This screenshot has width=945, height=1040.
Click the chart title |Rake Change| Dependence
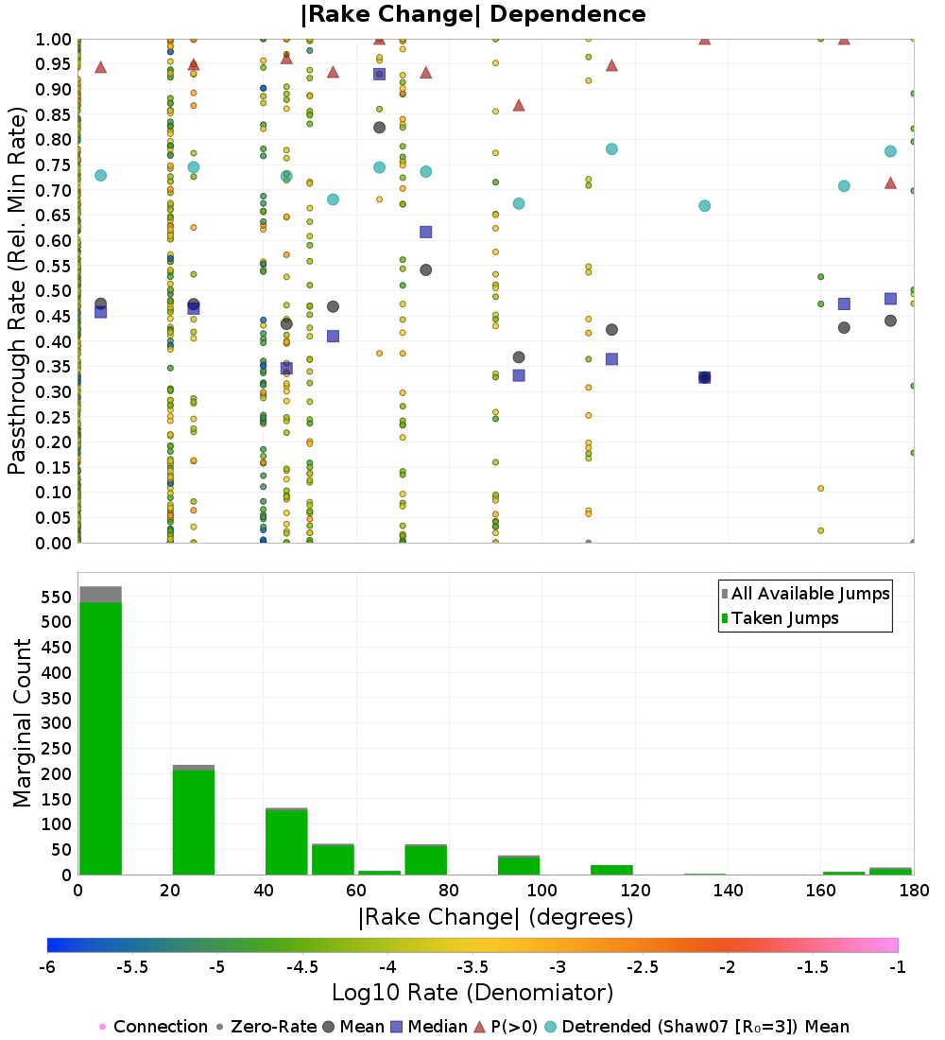(472, 14)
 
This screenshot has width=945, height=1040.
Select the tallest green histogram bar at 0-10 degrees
(100, 737)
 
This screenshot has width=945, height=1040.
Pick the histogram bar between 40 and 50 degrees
(286, 841)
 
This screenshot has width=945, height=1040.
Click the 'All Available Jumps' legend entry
(810, 594)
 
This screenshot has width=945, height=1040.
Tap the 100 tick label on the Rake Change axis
(541, 890)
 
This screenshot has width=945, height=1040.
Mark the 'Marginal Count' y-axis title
(21, 723)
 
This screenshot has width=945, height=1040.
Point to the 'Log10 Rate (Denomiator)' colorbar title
(472, 993)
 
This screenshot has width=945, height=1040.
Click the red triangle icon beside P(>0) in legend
(479, 1027)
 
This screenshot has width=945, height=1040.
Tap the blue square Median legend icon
(397, 1027)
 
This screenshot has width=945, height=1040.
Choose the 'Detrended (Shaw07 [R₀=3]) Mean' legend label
(705, 1027)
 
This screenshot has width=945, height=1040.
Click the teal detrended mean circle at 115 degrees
(611, 149)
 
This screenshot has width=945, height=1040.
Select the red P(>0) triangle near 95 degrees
(519, 105)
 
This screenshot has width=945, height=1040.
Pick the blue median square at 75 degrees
(425, 232)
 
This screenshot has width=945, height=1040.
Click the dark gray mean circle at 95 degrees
(519, 357)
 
